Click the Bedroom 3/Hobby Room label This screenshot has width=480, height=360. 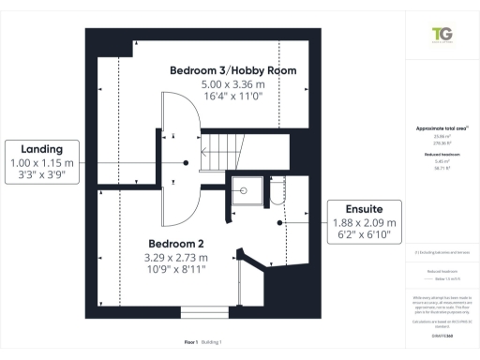[x=232, y=70]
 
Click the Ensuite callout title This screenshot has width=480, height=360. [x=363, y=208]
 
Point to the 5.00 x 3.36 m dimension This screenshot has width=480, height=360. [x=232, y=85]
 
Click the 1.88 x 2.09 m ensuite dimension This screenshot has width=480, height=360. [x=364, y=222]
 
